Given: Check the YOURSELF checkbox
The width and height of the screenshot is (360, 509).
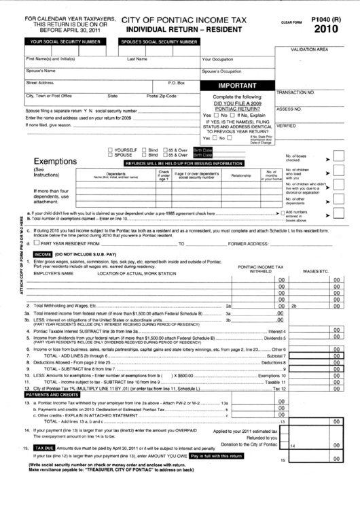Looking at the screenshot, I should [112, 149].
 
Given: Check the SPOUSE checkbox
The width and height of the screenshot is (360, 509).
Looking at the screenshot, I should [112, 155].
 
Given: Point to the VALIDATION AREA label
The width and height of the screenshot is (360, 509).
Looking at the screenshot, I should [309, 50].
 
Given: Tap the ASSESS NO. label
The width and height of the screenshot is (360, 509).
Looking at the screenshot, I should [289, 109].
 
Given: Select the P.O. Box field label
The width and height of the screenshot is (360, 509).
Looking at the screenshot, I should [176, 83].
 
